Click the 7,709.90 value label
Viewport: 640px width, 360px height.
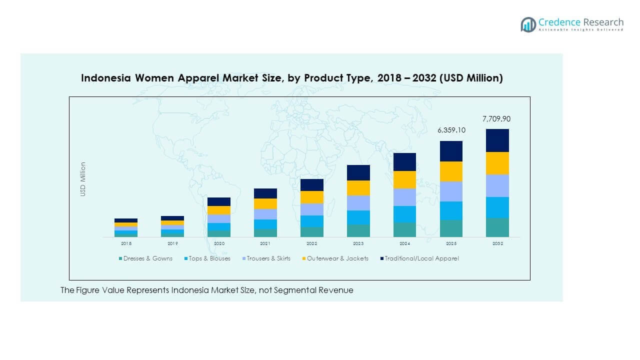(497, 119)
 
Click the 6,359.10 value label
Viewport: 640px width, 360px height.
(451, 130)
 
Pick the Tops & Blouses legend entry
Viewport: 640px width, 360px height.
(209, 258)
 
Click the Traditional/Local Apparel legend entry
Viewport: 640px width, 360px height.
(421, 258)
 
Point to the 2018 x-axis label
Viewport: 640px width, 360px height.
(126, 243)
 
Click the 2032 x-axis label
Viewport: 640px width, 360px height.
(497, 243)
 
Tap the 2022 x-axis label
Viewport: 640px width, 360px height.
(311, 243)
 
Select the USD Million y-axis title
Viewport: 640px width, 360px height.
(83, 179)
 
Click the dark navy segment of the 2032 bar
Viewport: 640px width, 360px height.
(497, 140)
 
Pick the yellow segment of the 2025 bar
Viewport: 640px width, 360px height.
(451, 171)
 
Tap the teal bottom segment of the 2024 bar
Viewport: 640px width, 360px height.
(404, 229)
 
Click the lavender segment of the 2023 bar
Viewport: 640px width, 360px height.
(358, 203)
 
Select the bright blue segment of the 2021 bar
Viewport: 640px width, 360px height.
(265, 224)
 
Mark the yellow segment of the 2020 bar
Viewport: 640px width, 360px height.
(219, 210)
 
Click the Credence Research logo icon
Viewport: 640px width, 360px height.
(528, 24)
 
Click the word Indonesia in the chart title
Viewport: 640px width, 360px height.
(105, 78)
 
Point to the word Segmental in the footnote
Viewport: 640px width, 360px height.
(294, 290)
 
